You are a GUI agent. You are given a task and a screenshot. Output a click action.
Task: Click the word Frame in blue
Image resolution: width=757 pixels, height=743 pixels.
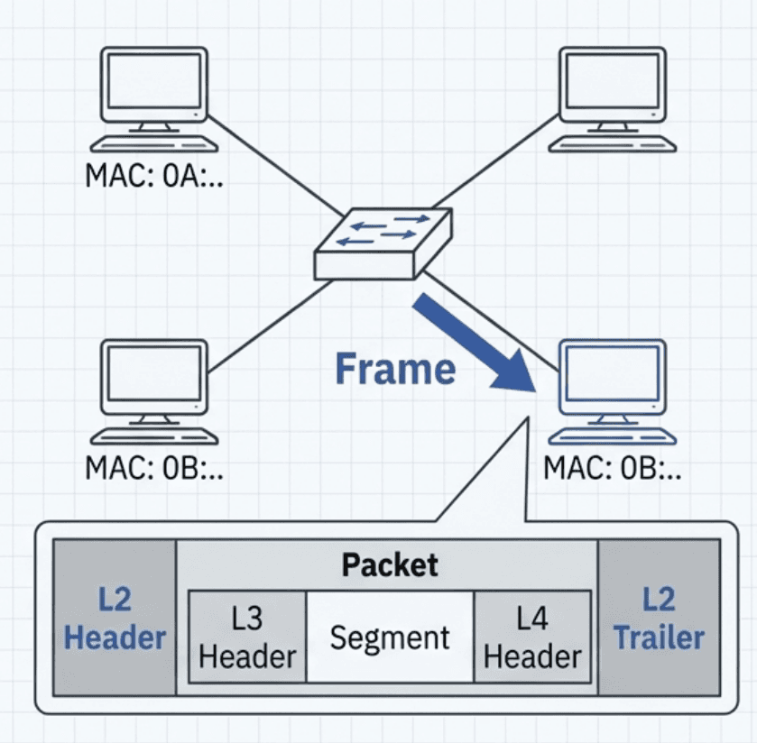click(x=395, y=370)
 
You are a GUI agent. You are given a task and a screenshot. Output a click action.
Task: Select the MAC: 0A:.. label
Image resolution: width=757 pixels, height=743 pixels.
click(x=154, y=176)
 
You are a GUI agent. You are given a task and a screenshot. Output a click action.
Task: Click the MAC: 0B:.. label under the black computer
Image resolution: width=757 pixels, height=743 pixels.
click(x=154, y=468)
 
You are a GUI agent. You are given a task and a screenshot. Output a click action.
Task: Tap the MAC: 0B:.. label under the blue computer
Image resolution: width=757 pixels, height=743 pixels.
click(x=613, y=468)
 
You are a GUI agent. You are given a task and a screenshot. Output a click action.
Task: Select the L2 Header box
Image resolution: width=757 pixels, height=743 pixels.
click(x=115, y=618)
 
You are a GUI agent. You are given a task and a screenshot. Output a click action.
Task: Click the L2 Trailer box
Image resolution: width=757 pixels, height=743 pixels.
click(x=659, y=618)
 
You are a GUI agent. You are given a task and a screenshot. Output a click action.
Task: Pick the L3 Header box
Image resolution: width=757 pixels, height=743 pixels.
click(x=247, y=637)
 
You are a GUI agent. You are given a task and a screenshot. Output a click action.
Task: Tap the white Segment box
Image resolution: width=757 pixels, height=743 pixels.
click(x=390, y=637)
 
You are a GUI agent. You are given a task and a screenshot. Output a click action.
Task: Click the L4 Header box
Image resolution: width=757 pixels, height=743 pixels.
click(x=532, y=637)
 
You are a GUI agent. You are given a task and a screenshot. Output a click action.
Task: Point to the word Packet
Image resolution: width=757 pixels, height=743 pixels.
click(x=389, y=565)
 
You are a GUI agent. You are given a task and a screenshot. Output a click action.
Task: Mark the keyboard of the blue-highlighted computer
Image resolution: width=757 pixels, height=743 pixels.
click(x=613, y=436)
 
